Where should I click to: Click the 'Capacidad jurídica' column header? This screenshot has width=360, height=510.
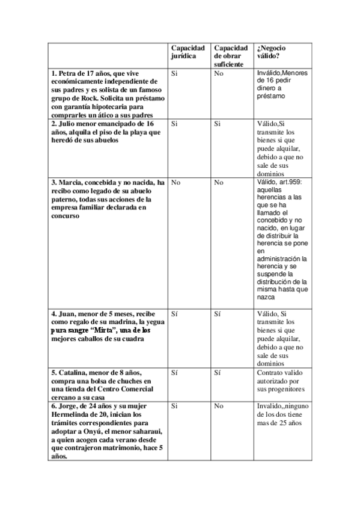(x=188, y=52)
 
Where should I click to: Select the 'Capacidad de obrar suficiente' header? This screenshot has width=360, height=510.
(x=231, y=55)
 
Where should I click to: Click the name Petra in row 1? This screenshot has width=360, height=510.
(x=67, y=73)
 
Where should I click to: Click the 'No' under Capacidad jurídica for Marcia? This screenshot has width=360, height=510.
(x=176, y=182)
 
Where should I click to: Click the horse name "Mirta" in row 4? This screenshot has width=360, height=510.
(x=103, y=330)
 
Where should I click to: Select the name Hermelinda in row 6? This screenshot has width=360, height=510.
(x=73, y=414)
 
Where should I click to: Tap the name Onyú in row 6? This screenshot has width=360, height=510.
(x=97, y=431)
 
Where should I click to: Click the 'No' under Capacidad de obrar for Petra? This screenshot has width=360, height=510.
(x=219, y=73)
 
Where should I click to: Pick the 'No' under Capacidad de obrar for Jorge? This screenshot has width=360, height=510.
(x=219, y=406)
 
